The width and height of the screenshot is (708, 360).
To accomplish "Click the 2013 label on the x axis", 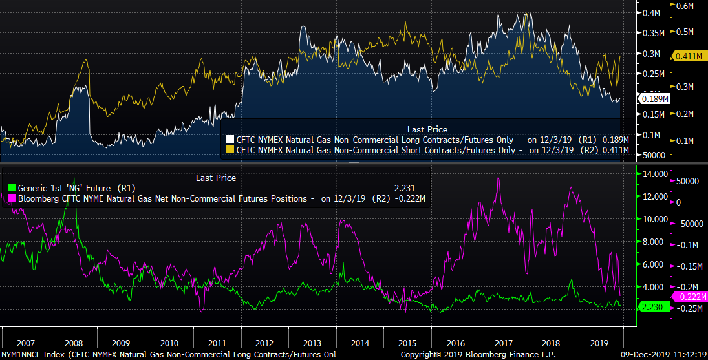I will tap(312, 343).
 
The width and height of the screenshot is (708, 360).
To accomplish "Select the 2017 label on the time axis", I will tap(502, 343).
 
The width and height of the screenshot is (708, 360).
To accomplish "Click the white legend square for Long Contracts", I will tap(230, 140).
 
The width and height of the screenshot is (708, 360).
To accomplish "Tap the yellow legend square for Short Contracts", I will tap(230, 151).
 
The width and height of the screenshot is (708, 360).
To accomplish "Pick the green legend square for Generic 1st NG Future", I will tap(11, 188).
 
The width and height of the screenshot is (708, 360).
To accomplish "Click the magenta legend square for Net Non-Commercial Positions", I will tap(11, 198).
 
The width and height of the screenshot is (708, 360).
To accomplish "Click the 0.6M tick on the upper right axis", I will tap(684, 6).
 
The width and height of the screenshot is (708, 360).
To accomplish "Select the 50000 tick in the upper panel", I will tap(654, 156).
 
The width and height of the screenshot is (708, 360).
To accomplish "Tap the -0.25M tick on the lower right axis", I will tap(689, 308).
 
